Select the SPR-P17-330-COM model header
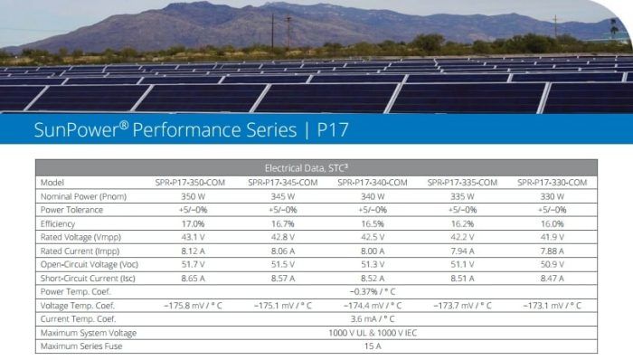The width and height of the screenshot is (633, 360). tap(553, 182)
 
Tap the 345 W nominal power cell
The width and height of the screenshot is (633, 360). tap(281, 195)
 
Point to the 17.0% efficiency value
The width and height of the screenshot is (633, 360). tap(194, 223)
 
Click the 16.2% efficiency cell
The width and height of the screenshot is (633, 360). tap(463, 223)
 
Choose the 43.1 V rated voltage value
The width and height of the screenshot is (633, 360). tap(193, 237)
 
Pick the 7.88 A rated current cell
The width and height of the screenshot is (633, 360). tap(553, 251)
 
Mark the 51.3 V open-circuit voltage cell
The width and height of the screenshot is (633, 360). tap(372, 264)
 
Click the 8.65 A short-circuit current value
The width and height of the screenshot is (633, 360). tap(193, 278)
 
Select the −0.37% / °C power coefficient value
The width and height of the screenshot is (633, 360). tap(372, 291)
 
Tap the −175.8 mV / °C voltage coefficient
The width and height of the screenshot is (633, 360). tap(193, 305)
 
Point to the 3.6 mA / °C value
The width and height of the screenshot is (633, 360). tap(372, 318)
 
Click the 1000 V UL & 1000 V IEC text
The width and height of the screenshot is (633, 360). tap(372, 332)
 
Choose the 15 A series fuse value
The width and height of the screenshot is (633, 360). tap(372, 346)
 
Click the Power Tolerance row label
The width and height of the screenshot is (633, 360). tap(71, 209)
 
